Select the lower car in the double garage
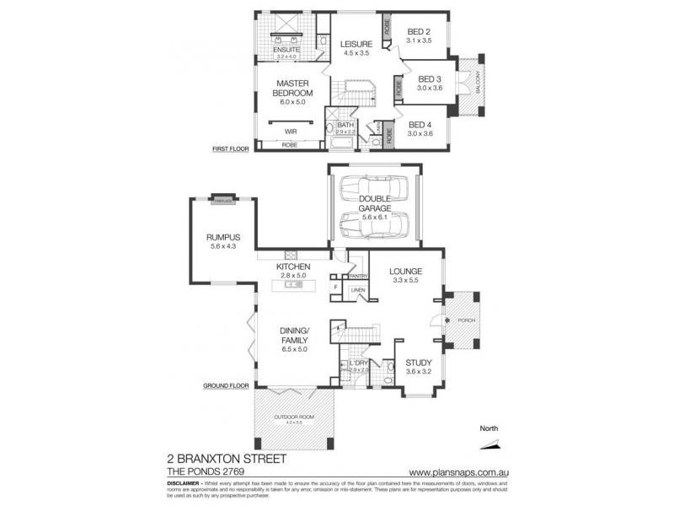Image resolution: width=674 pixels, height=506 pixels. [375, 225]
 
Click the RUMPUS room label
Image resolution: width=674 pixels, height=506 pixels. [223, 239]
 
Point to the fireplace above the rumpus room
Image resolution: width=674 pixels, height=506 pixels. [222, 201]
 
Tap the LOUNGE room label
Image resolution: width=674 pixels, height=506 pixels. [405, 271]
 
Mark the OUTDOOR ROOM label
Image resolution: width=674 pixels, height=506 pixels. [294, 417]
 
